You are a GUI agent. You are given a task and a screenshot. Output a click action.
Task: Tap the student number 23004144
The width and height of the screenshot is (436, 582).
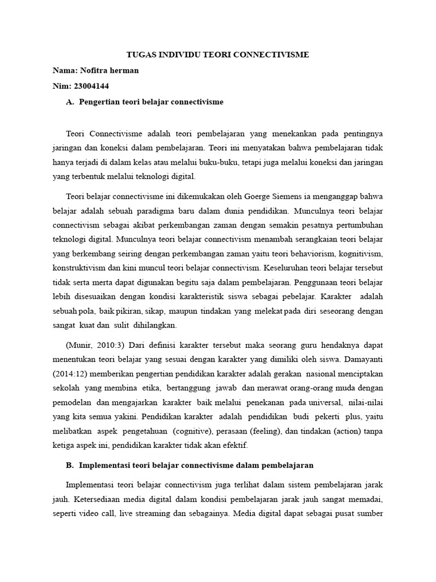click(91, 86)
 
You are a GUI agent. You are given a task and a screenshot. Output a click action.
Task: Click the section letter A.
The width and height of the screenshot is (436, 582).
click(70, 102)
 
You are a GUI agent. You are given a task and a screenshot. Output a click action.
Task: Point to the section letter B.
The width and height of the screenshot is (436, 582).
click(70, 465)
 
